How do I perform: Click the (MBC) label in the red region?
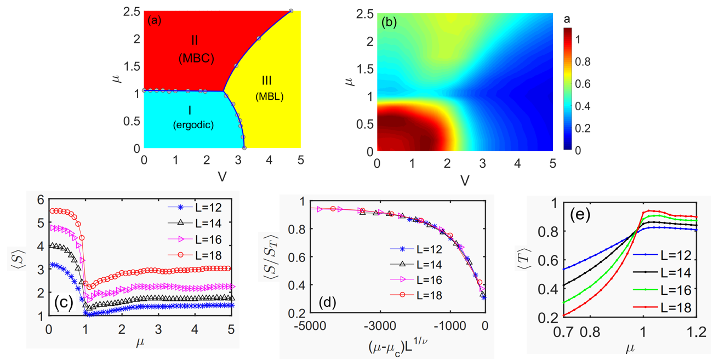click(x=195, y=60)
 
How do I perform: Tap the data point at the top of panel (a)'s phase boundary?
click(x=291, y=11)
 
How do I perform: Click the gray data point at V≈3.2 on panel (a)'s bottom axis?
click(x=244, y=148)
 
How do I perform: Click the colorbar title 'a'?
click(x=568, y=19)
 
